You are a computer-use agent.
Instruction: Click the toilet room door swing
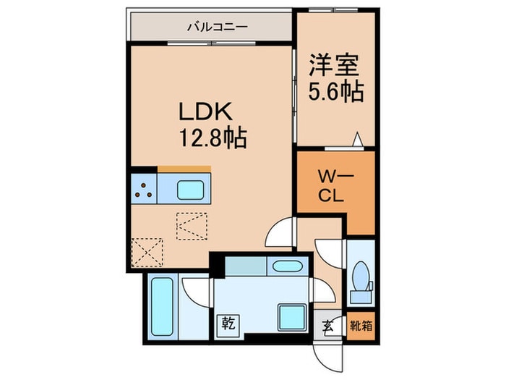pyautogui.click(x=329, y=255)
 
